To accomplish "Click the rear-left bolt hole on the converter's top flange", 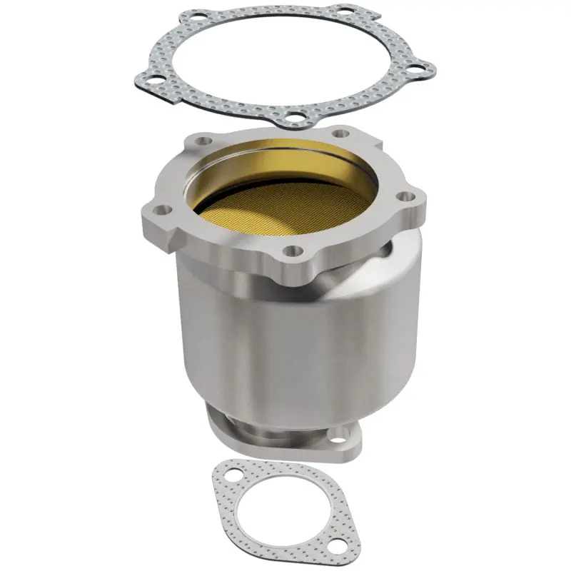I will pos(206,142).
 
